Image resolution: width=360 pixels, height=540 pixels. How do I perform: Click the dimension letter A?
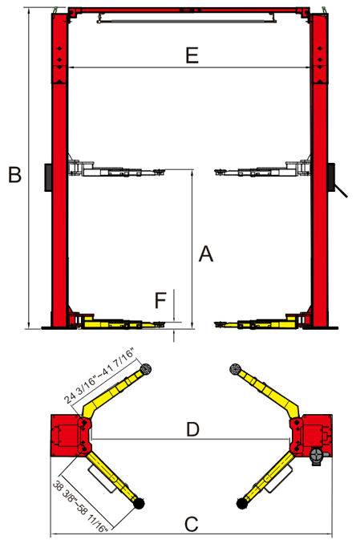206,254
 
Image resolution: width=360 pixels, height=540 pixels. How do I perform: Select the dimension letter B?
14,174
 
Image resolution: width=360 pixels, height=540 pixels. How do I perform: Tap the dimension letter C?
192,525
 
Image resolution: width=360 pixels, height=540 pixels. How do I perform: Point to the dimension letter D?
192,429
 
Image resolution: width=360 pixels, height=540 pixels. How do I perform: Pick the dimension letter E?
192,55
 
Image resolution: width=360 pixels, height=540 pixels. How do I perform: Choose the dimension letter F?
160,300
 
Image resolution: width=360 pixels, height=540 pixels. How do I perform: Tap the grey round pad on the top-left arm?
146,369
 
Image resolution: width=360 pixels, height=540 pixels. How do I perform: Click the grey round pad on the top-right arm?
235,368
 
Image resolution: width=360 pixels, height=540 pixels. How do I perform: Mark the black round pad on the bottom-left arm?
139,504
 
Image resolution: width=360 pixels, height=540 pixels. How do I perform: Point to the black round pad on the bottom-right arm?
242,504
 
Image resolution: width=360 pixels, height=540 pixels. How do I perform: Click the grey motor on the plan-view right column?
317,457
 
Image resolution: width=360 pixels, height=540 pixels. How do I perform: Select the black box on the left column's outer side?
48,177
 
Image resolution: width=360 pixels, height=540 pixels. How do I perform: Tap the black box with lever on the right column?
336,180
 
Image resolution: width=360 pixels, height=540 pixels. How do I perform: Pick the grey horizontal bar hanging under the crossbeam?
186,21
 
